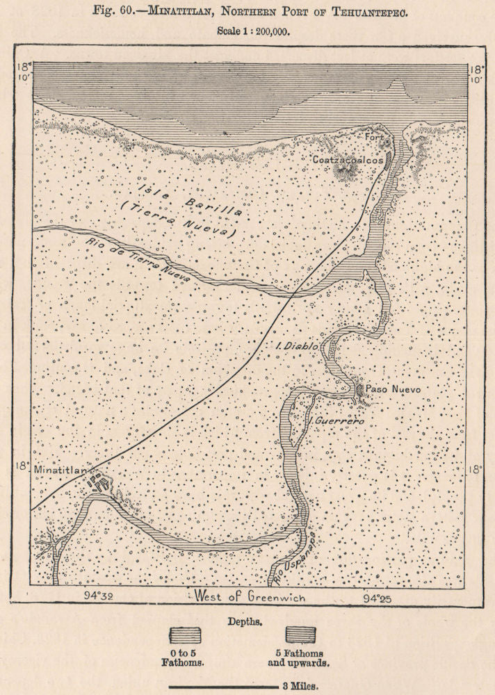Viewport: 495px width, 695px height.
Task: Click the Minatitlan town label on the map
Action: (x=60, y=471)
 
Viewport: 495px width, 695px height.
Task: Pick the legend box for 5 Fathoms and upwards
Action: (x=300, y=635)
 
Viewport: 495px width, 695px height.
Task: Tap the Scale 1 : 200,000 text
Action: (x=253, y=31)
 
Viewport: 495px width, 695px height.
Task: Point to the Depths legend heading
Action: (x=247, y=617)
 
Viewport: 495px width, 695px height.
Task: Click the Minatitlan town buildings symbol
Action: (x=99, y=482)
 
